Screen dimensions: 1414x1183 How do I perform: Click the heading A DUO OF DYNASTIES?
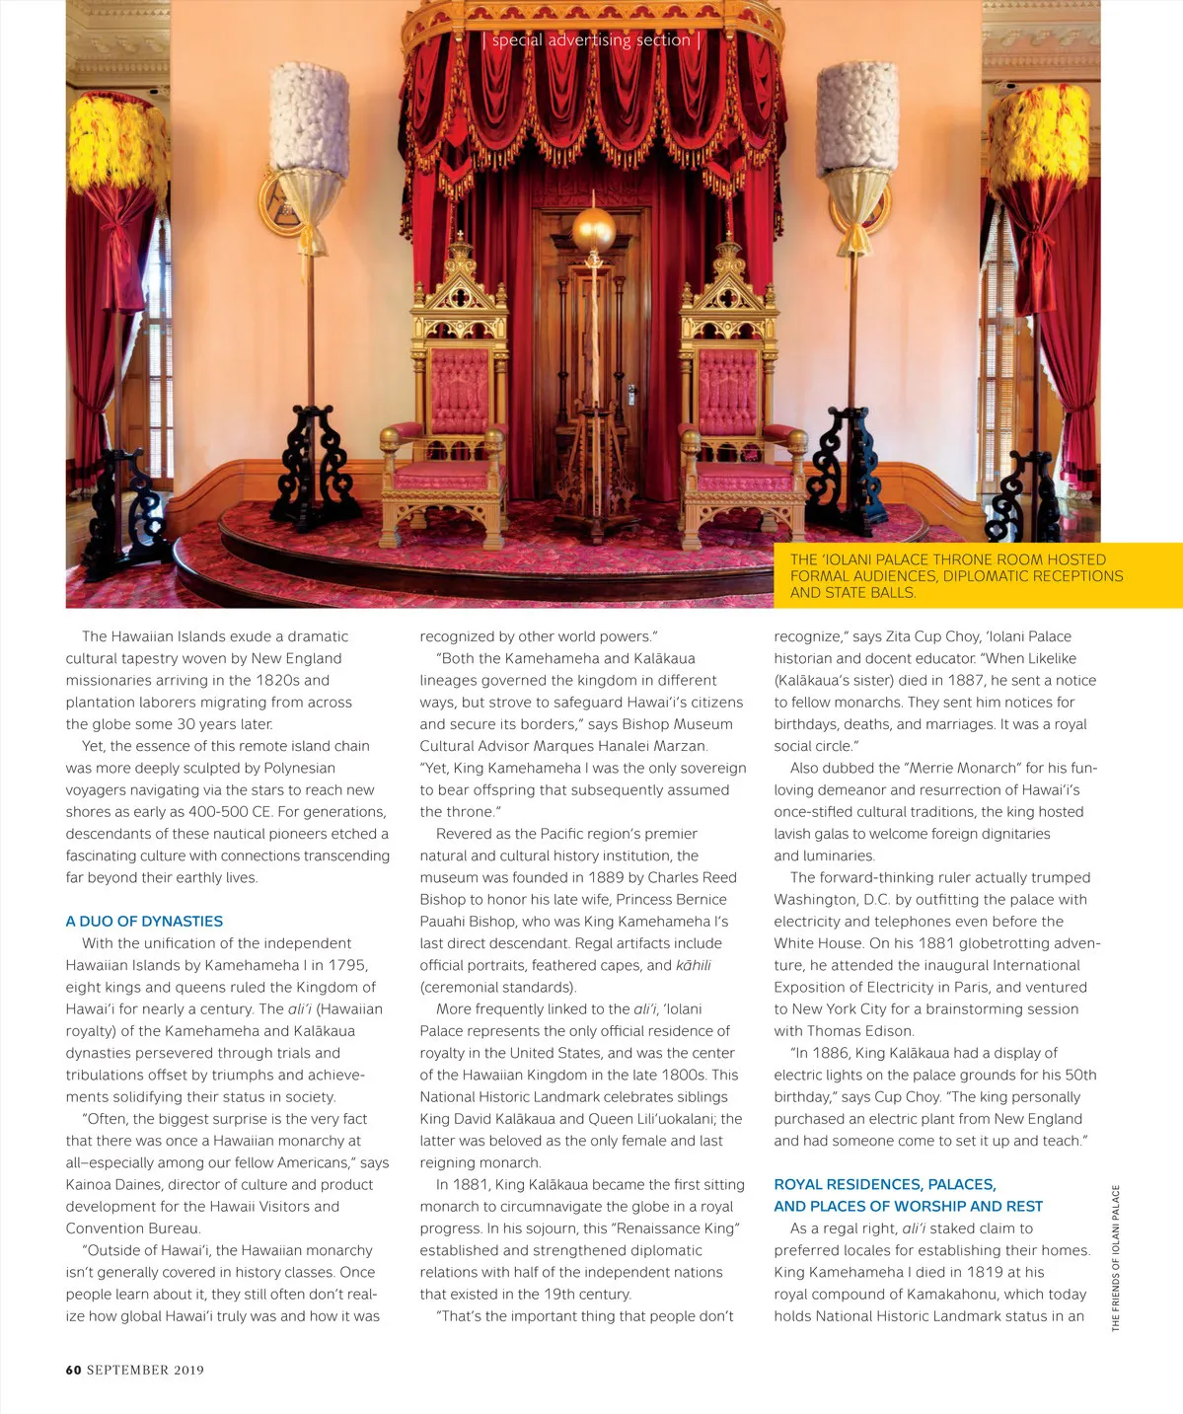pos(144,921)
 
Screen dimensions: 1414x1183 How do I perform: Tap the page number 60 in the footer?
pos(73,1370)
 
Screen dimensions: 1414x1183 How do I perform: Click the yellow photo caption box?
pos(977,575)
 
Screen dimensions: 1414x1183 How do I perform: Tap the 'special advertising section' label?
pos(591,40)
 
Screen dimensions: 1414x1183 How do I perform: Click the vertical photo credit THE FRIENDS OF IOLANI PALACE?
pos(1116,1257)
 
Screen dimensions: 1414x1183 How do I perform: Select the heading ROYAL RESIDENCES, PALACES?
pos(884,1184)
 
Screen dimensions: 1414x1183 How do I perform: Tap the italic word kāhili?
pos(693,965)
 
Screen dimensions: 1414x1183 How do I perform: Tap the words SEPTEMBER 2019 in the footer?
pos(145,1370)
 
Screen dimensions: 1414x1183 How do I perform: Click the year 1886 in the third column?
pos(832,1053)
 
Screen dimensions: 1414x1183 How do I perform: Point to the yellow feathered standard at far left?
pos(116,148)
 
